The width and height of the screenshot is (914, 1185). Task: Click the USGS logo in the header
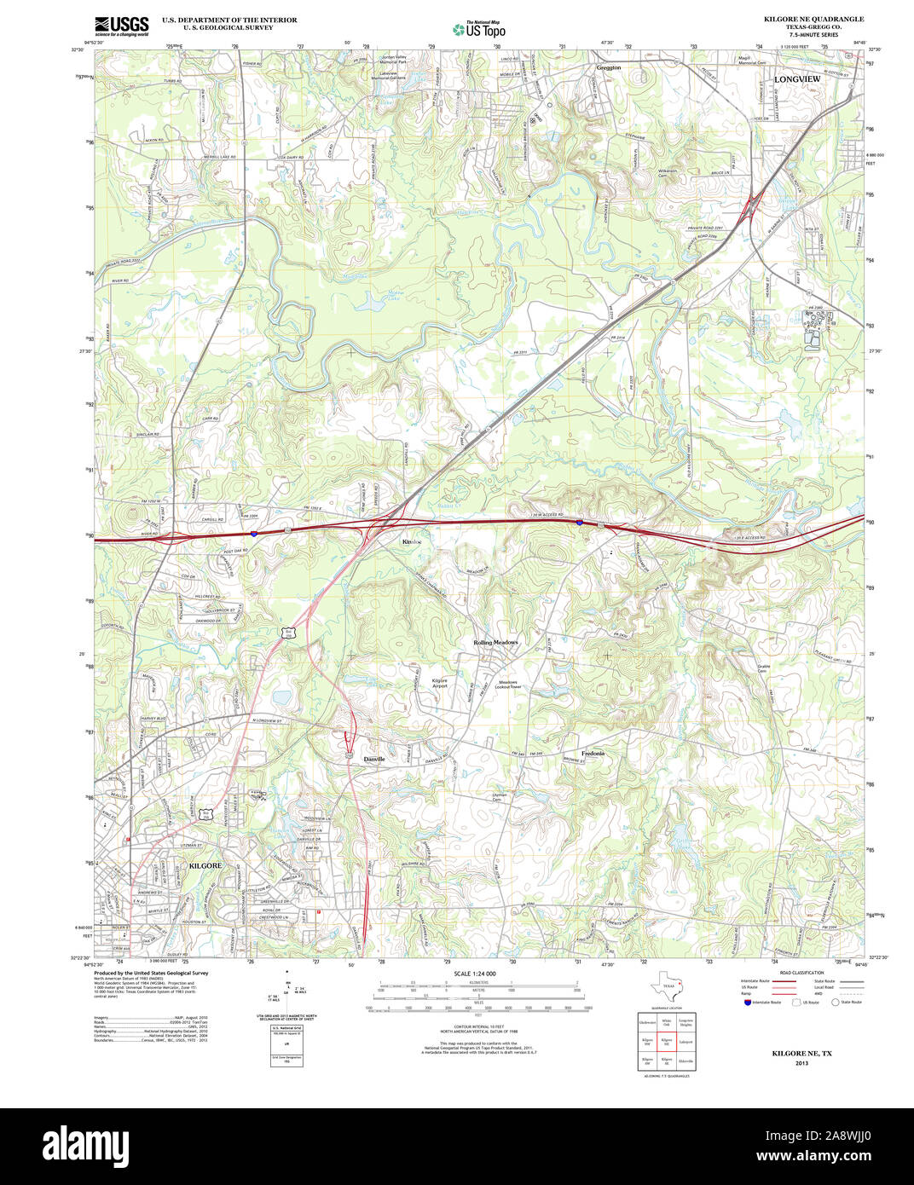click(x=121, y=24)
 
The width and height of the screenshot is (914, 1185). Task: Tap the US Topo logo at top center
click(x=478, y=28)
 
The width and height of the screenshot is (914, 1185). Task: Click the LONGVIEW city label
click(x=796, y=78)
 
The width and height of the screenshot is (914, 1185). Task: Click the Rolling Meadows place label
click(x=495, y=642)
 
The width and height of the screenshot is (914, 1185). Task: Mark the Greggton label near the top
click(x=609, y=66)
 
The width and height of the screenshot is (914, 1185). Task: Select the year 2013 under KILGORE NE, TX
click(x=801, y=1063)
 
